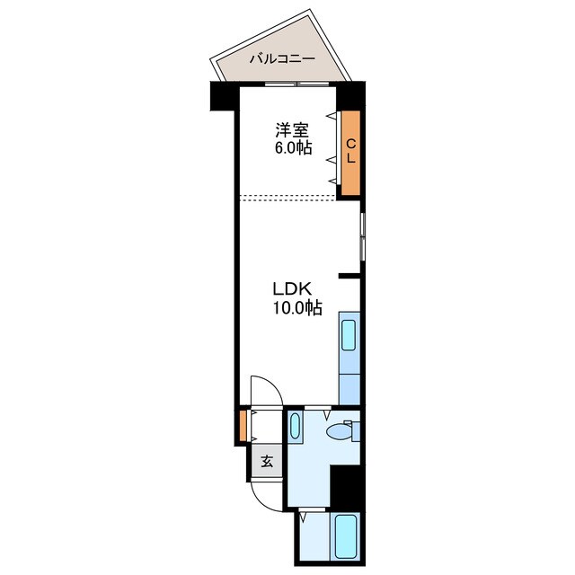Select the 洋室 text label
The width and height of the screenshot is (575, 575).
pos(292,129)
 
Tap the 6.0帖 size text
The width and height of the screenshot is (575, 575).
pos(293,148)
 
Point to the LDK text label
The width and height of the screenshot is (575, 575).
pos(292,289)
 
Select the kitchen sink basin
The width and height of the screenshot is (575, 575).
pos(349,334)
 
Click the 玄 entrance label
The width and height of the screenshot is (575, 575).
pos(267,464)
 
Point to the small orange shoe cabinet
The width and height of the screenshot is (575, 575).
pos(243,426)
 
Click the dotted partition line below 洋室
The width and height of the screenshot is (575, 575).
pos(287,196)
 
